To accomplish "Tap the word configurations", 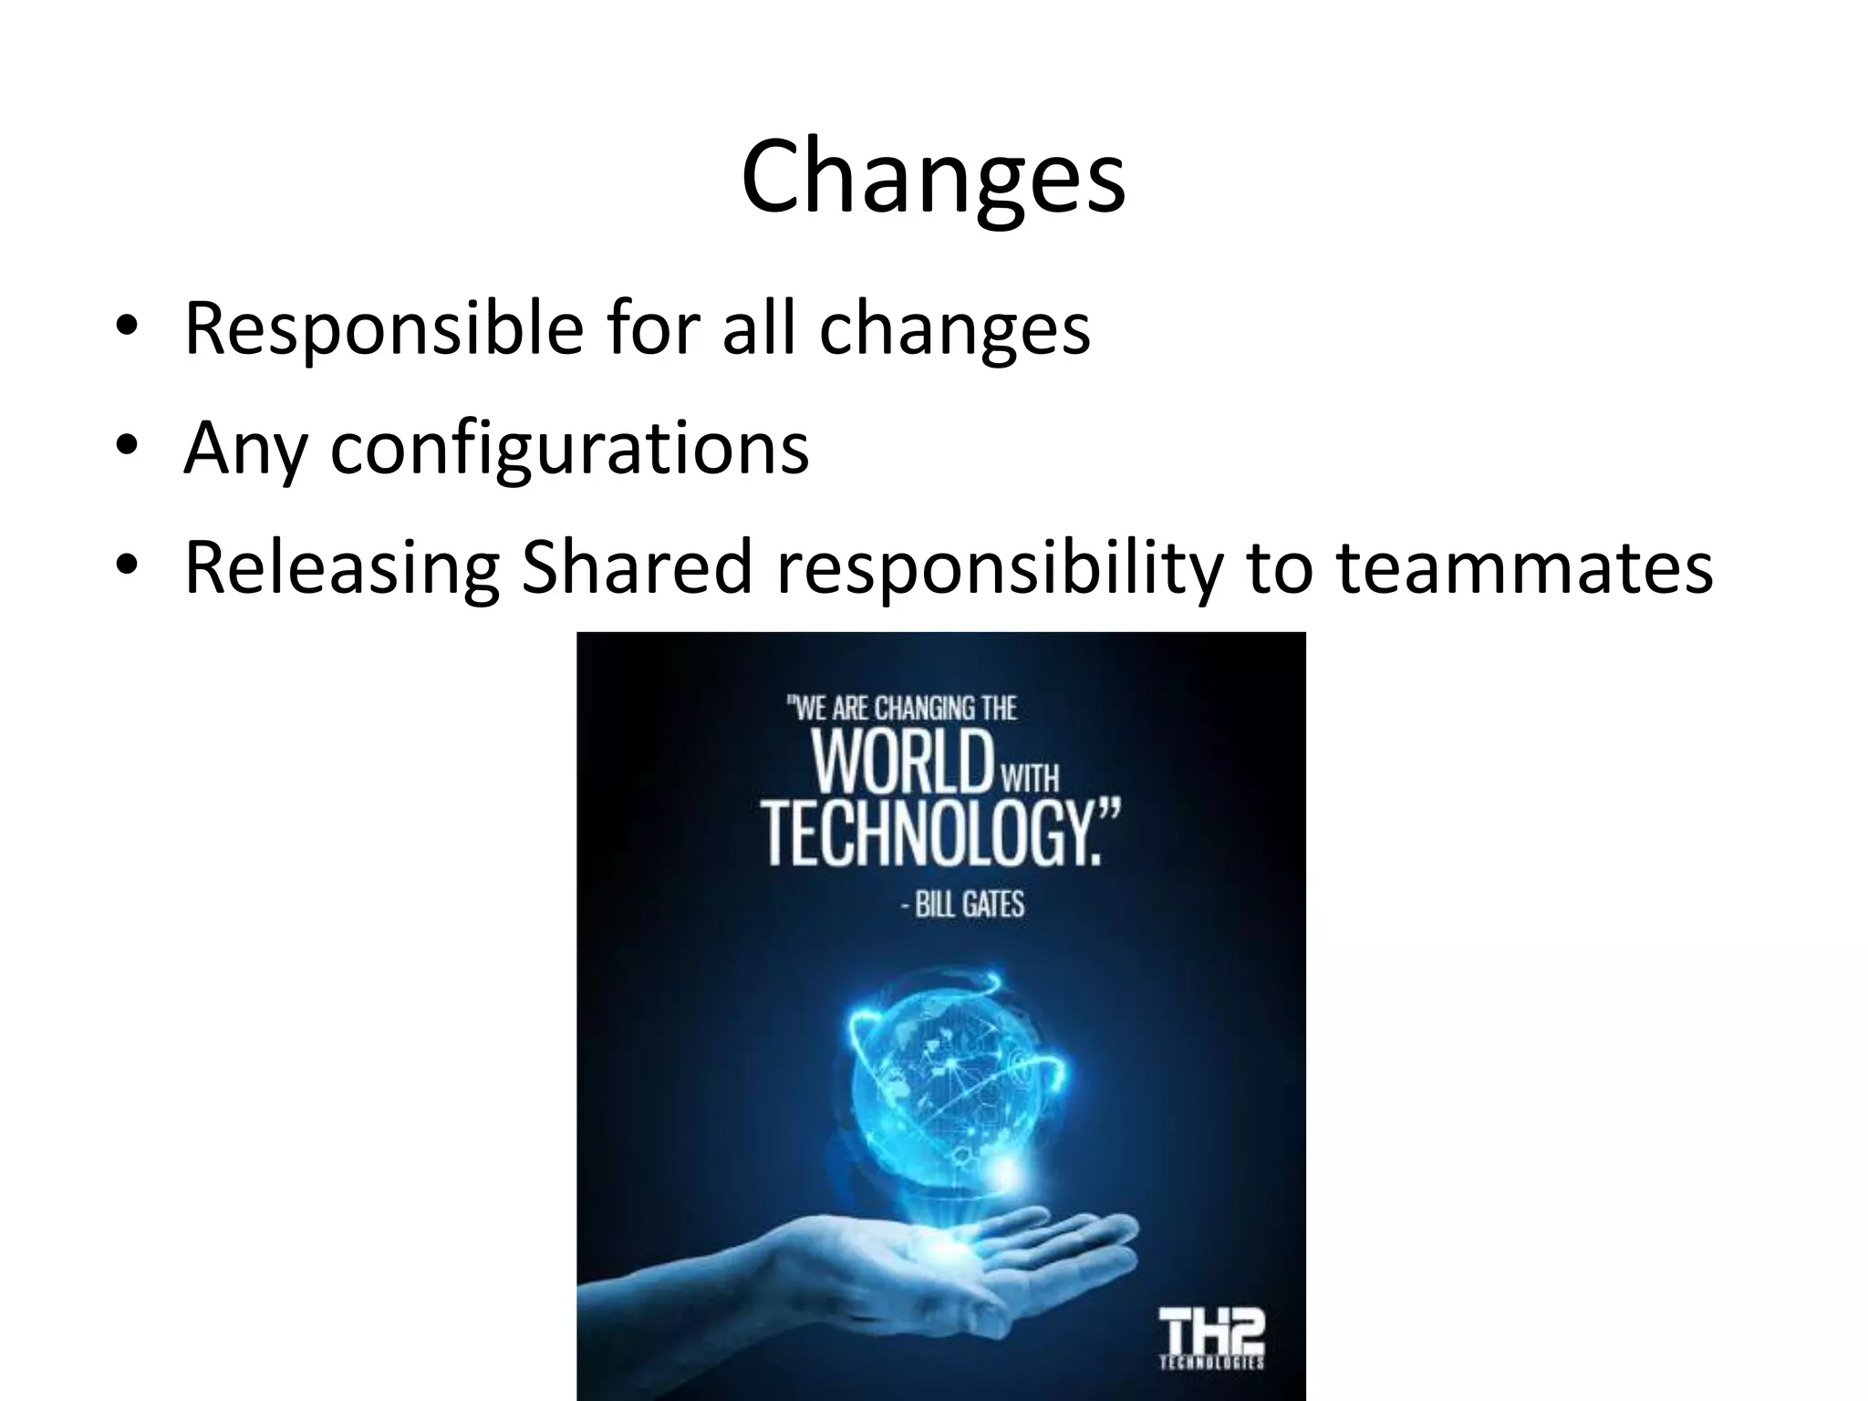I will [x=568, y=449].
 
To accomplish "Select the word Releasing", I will [x=341, y=568].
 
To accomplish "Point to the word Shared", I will [x=637, y=566].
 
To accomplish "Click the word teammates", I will [x=1524, y=566].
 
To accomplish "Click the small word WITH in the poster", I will [x=1031, y=779].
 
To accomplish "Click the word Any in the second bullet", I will [x=244, y=449].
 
